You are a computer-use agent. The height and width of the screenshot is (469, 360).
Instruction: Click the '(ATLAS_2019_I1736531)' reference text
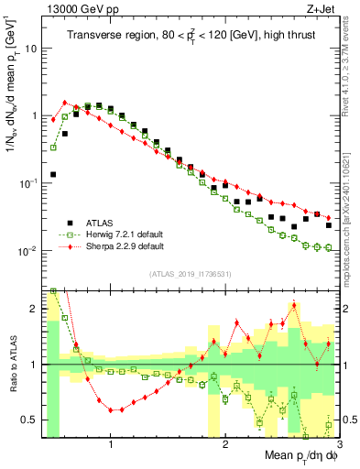point(190,273)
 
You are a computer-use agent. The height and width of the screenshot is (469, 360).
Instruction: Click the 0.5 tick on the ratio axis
point(31,420)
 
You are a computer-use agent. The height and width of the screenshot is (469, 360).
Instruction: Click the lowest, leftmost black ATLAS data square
point(53,174)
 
